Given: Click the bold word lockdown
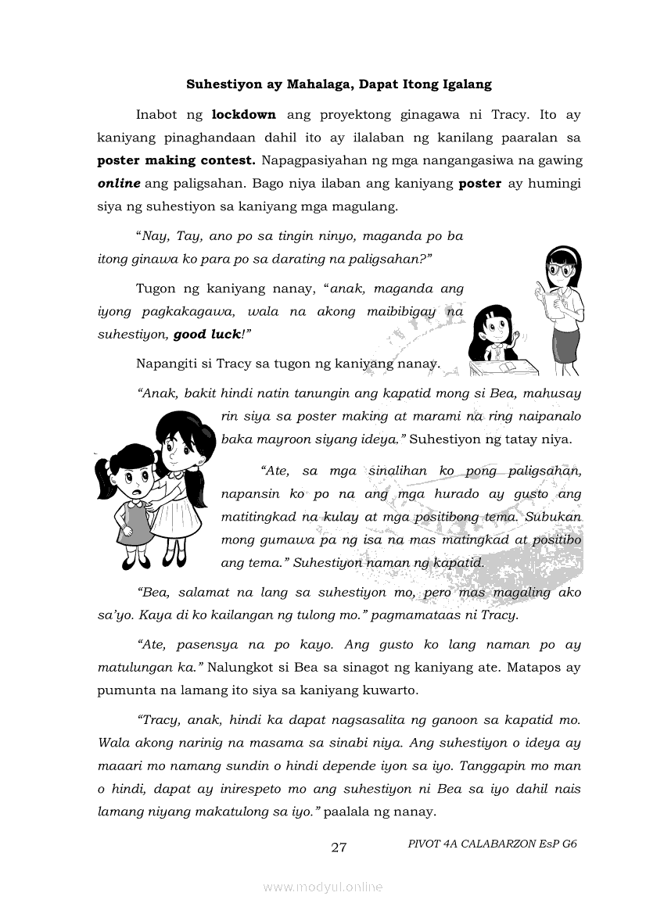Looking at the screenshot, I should click(x=244, y=115).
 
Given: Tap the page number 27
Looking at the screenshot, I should click(x=339, y=848).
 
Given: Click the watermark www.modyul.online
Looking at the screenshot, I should click(x=323, y=887).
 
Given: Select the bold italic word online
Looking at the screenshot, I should click(x=118, y=184).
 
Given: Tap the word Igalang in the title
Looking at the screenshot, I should click(x=466, y=84).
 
